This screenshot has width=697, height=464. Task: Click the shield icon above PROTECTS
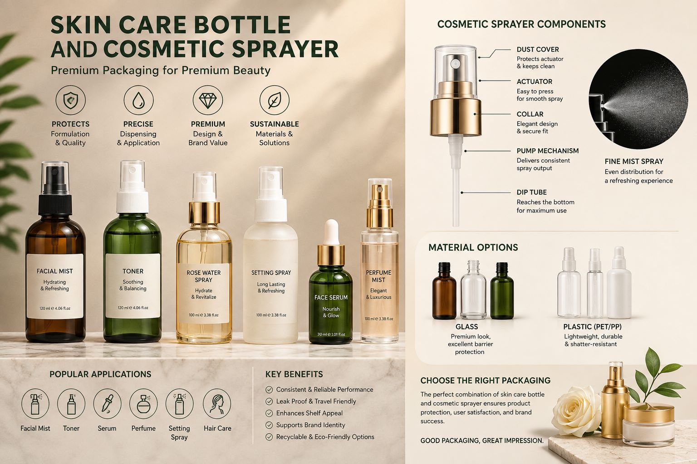coord(70,100)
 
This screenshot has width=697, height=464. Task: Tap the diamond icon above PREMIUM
coord(207,100)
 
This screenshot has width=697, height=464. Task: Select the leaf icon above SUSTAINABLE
coord(274,100)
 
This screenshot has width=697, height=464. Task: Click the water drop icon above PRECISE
coord(138,100)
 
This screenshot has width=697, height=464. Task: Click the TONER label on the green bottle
coord(133,271)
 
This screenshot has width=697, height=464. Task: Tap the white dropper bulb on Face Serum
coord(331,232)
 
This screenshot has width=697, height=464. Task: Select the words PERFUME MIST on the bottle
coord(378,276)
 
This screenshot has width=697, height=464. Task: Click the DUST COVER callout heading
coord(538,49)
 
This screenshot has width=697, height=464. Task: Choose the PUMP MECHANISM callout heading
coord(548,151)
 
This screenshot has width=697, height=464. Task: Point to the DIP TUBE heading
coord(531,193)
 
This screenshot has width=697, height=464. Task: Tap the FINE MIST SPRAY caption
coord(634,161)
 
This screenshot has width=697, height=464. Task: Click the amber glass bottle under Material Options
coord(444,291)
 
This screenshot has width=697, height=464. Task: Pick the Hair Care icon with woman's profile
coord(217,404)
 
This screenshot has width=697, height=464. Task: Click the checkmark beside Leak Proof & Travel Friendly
coord(269,401)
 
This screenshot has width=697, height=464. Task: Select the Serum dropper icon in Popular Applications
coord(107,404)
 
